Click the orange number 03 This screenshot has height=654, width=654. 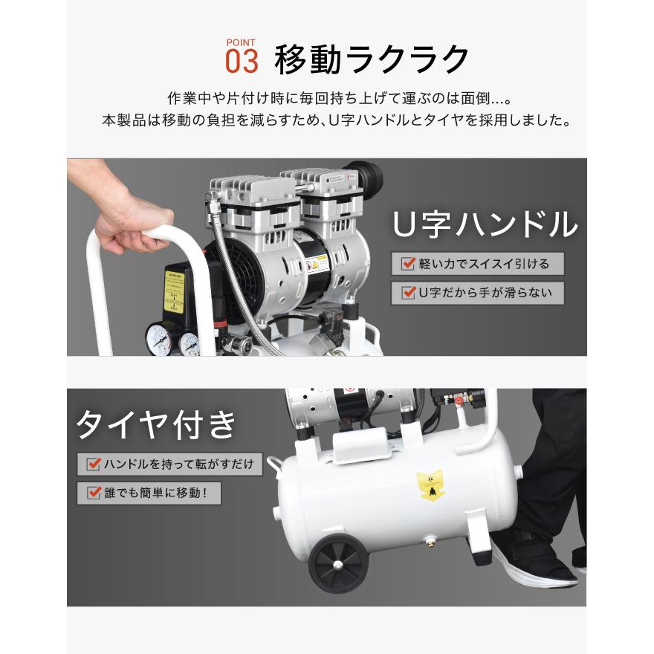242,61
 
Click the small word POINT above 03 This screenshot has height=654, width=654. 241,42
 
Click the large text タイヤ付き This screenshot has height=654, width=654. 157,424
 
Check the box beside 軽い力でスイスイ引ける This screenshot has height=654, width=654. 408,264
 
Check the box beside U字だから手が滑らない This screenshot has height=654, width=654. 408,293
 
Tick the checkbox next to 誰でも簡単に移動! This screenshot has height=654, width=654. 94,492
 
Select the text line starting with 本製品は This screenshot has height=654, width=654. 336,119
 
